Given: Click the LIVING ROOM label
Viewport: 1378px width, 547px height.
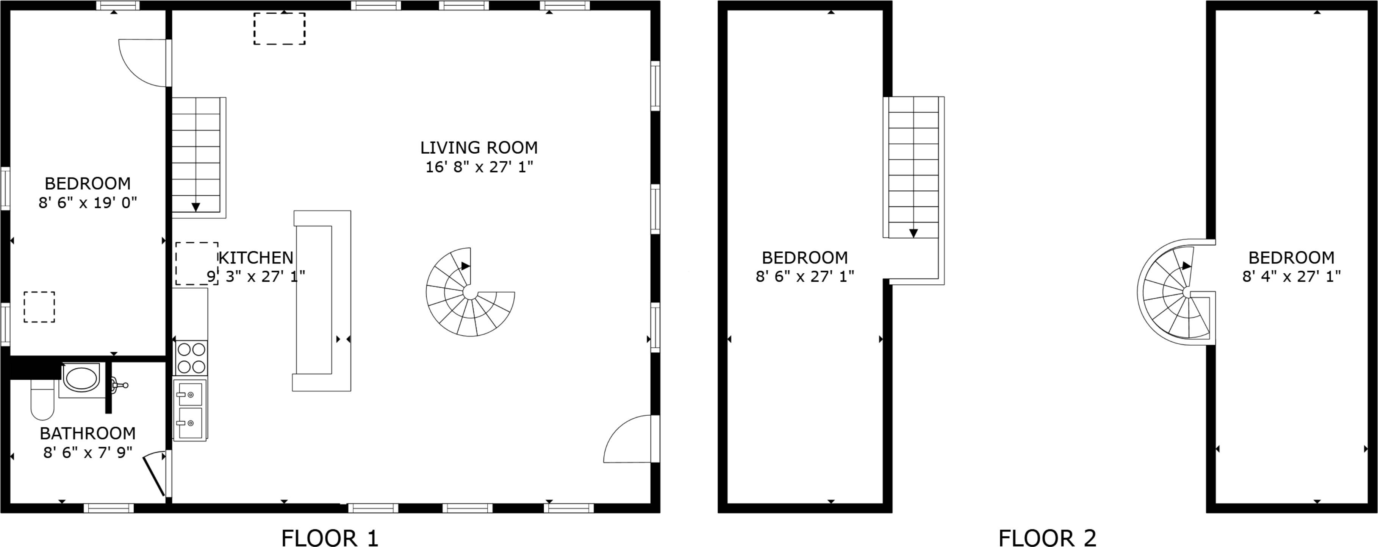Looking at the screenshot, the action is tap(479, 148).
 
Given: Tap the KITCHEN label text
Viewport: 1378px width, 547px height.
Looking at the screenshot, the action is tap(256, 258).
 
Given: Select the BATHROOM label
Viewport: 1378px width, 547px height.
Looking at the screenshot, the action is tap(88, 433).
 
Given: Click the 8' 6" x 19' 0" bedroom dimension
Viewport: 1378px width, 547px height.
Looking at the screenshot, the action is tap(88, 203).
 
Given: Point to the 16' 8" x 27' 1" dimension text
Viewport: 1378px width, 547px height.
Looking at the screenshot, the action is tap(479, 167).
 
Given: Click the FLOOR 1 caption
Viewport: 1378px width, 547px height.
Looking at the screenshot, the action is tap(330, 538).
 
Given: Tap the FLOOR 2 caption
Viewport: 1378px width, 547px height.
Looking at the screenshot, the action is tap(1047, 538).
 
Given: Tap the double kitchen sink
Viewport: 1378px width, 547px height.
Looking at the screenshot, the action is tap(190, 410).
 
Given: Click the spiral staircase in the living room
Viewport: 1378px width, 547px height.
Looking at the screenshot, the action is tap(470, 292).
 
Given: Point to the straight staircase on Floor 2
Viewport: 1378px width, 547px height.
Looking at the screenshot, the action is tap(913, 190).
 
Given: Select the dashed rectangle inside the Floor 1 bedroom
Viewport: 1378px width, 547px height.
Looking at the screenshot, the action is tap(39, 307).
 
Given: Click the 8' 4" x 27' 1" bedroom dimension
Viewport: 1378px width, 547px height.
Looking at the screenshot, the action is tap(1291, 276).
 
